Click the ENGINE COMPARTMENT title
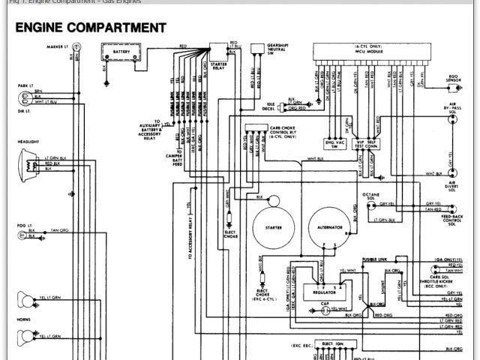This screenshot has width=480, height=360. coord(90,28)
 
